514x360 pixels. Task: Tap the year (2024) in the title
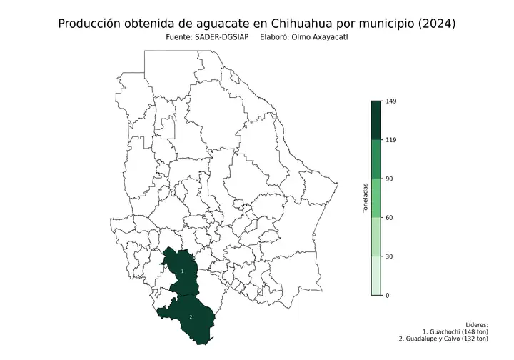click(x=433, y=24)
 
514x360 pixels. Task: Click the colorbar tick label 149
click(x=390, y=101)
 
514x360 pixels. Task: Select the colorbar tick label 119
click(x=390, y=140)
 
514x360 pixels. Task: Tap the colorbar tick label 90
click(x=389, y=179)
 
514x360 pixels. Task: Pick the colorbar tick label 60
click(x=389, y=218)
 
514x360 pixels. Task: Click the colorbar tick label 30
click(x=389, y=256)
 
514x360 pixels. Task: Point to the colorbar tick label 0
click(x=388, y=295)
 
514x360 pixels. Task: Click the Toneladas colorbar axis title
click(x=365, y=198)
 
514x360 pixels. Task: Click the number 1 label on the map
click(x=183, y=272)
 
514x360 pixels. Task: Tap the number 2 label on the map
click(x=191, y=316)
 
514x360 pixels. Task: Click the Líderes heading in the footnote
click(x=475, y=324)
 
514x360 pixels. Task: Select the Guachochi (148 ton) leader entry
click(x=455, y=332)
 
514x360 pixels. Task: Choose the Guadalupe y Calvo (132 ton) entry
click(x=443, y=340)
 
